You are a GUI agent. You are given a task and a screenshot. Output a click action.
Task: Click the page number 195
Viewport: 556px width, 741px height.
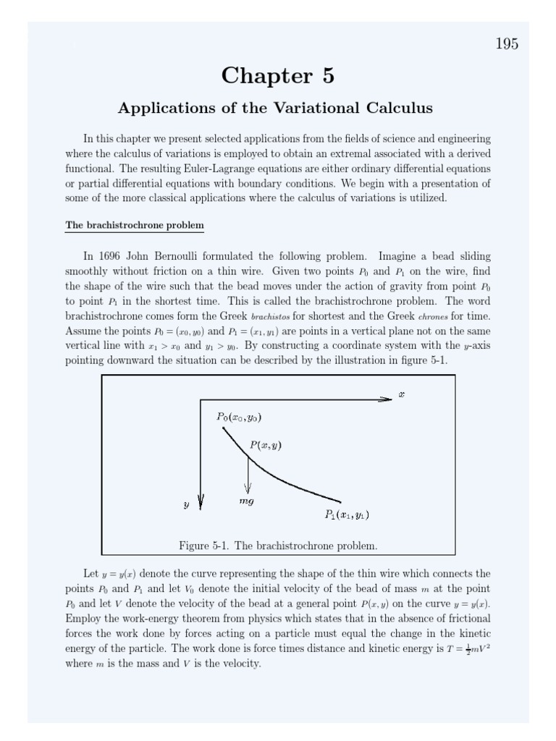507,44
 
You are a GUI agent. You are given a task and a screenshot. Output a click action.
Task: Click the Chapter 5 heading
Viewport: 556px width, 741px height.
278,75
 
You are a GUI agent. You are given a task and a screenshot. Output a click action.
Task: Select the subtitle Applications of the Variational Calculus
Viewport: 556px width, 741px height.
275,109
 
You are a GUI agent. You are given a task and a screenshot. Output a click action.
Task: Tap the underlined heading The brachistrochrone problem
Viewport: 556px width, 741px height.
135,225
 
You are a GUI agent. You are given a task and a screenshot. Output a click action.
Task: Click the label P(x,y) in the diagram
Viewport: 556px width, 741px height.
266,446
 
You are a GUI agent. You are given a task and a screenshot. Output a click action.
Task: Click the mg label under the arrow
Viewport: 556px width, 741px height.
246,501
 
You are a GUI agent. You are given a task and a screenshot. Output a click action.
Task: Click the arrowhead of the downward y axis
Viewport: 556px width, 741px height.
201,503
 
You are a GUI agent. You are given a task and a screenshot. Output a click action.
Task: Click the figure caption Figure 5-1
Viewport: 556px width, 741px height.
278,546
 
